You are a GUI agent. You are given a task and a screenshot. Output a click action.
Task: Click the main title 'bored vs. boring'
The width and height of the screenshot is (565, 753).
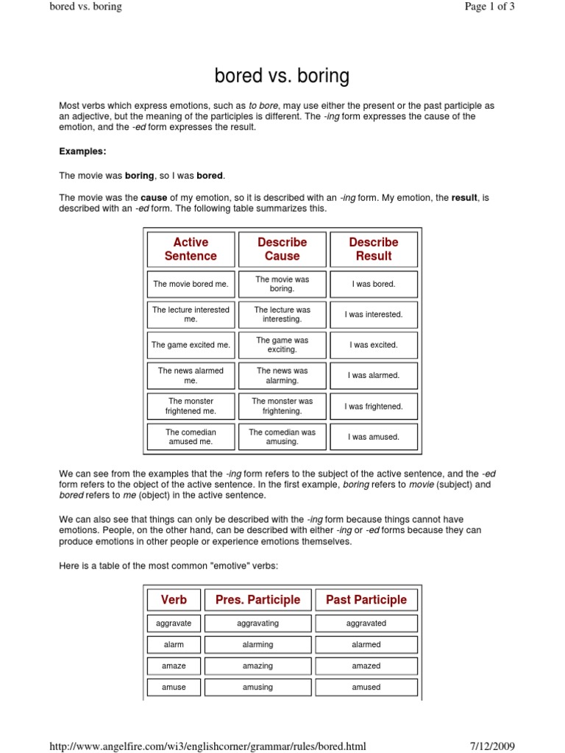[x=282, y=76]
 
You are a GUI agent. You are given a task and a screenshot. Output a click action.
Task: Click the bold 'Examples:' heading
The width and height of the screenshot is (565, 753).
[x=82, y=151]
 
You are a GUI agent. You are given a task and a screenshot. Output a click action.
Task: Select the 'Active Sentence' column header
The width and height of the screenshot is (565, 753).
[x=191, y=249]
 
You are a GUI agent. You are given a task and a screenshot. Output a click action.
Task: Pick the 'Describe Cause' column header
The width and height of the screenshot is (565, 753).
[x=282, y=249]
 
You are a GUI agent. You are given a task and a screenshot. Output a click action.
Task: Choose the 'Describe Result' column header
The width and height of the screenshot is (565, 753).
[x=374, y=249]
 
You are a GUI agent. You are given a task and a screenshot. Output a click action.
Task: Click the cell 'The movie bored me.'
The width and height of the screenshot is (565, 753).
[x=191, y=284]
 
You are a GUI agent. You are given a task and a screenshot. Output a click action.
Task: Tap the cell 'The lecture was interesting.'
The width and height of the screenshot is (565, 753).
[x=282, y=315]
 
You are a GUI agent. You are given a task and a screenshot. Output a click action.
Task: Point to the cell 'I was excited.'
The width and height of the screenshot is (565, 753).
[x=374, y=345]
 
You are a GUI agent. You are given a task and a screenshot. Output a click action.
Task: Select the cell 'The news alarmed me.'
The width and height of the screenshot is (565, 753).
[x=191, y=376]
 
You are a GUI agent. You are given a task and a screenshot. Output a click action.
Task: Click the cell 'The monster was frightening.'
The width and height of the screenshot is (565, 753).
[x=282, y=406]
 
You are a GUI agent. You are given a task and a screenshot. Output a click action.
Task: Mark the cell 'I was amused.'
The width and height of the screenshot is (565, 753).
[x=374, y=437]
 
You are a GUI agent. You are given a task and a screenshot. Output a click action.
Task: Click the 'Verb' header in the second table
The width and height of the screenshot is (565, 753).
[x=174, y=600]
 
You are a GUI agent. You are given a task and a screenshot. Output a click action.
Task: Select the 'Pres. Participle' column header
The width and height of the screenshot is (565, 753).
[x=257, y=600]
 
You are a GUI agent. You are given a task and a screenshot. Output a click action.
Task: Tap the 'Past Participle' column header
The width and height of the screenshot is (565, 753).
[x=366, y=600]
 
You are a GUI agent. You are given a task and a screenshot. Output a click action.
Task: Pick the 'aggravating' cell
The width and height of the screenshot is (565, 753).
[x=257, y=624]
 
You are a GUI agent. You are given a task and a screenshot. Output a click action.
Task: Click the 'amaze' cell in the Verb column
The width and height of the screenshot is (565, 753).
[x=174, y=666]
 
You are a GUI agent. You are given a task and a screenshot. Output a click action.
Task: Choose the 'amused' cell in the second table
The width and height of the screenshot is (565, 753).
[x=366, y=688]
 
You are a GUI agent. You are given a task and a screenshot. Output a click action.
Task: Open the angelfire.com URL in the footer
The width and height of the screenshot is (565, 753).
[x=207, y=746]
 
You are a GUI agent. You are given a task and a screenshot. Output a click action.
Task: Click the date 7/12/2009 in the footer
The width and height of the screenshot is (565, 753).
[x=492, y=746]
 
